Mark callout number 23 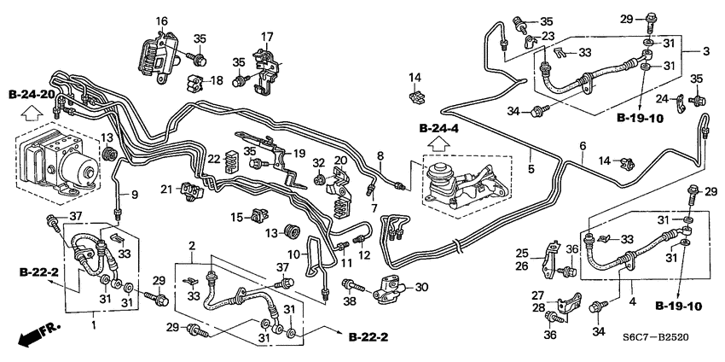548,36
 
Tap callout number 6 583,146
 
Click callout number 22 214,159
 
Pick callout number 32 318,162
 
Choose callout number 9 134,194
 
